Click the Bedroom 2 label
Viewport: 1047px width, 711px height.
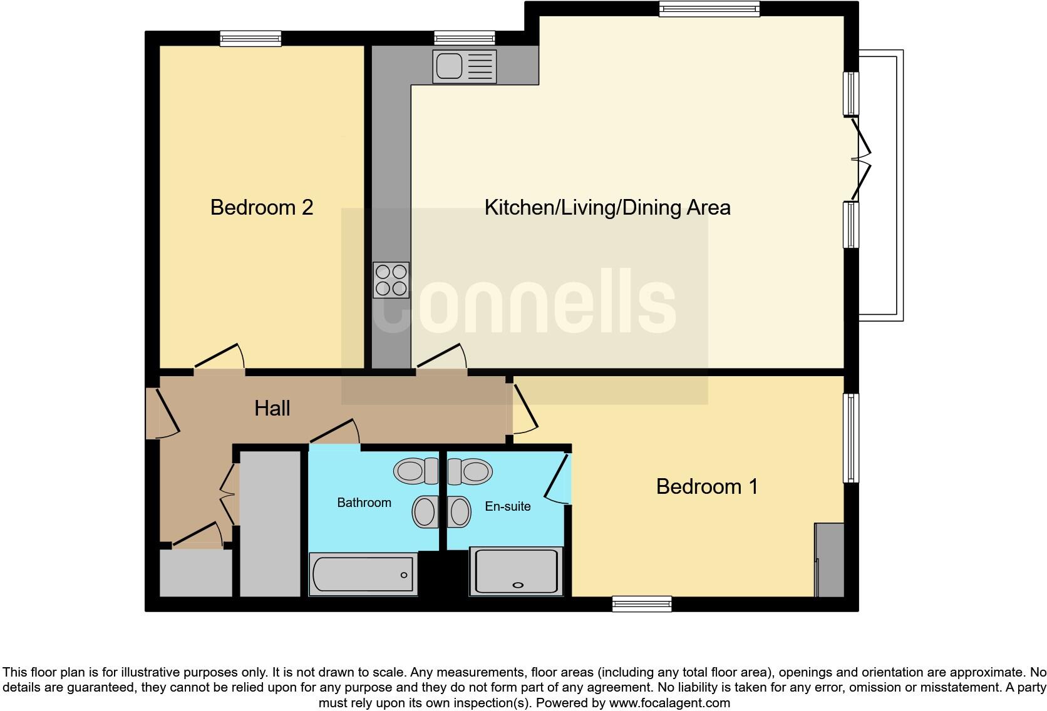click(x=261, y=207)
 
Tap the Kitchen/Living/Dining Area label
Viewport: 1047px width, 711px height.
click(x=607, y=207)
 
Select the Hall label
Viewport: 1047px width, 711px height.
click(x=272, y=408)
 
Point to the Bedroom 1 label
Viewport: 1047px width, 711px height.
click(x=707, y=486)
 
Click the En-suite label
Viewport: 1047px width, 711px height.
click(x=507, y=506)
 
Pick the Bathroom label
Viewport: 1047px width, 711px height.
click(x=364, y=503)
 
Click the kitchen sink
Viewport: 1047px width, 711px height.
click(x=463, y=66)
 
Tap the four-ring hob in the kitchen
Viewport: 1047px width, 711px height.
click(x=391, y=280)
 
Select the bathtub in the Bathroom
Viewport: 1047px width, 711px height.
click(x=363, y=574)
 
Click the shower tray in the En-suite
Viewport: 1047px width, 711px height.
click(x=517, y=571)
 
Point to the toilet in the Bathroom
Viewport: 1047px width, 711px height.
click(x=416, y=471)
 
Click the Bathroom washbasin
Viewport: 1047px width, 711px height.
click(x=425, y=512)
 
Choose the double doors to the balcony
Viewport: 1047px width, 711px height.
click(x=861, y=159)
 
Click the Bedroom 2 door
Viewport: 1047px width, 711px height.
click(x=219, y=357)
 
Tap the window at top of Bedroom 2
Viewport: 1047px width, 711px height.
click(x=250, y=39)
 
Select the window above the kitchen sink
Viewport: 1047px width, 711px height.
click(x=465, y=38)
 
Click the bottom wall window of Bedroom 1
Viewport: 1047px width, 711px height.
click(x=642, y=604)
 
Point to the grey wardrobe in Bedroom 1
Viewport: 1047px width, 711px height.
click(x=830, y=560)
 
